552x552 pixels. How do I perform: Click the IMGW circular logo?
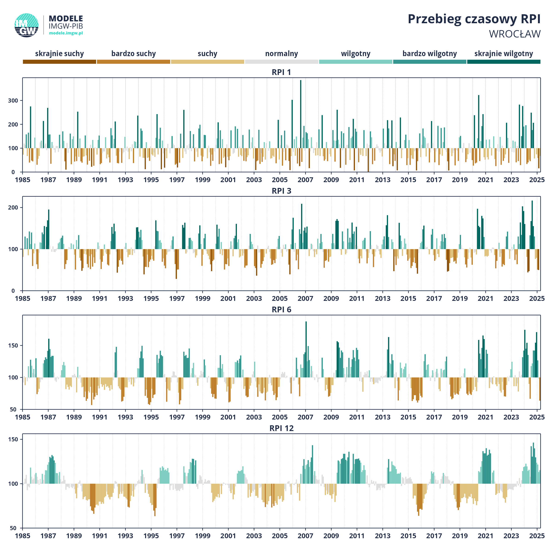(26, 25)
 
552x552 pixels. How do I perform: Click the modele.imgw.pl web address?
(66, 33)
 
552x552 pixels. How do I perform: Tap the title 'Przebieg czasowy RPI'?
(474, 19)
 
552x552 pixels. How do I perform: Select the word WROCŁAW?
(515, 34)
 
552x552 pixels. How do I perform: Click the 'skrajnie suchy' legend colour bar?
(59, 62)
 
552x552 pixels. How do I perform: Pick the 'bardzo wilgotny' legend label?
(429, 54)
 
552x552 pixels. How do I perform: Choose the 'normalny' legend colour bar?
(282, 62)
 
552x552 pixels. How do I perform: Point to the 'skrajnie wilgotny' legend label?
(503, 54)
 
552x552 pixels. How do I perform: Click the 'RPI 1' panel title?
(282, 72)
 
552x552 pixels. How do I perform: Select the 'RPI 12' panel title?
(282, 428)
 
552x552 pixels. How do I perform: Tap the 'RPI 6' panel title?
(282, 310)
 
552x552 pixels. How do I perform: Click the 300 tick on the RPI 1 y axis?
(13, 101)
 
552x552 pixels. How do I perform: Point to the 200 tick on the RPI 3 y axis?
(13, 208)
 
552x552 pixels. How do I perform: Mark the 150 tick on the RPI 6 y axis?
(13, 346)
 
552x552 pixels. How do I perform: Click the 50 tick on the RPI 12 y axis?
(13, 528)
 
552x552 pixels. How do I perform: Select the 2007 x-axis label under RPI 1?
(305, 180)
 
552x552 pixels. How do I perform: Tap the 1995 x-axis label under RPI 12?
(151, 536)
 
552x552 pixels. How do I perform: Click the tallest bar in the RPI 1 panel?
(301, 126)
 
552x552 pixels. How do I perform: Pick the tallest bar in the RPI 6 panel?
(306, 349)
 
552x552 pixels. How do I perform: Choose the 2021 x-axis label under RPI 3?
(486, 298)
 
